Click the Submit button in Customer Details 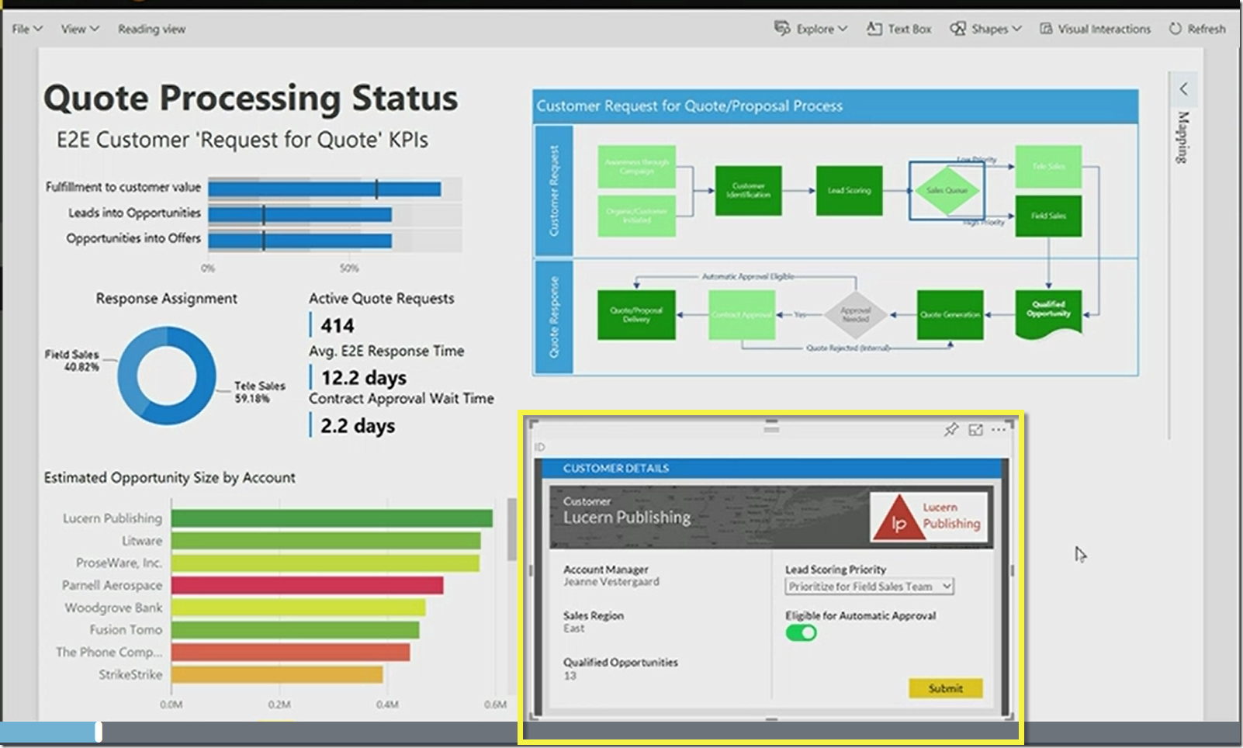[x=945, y=688]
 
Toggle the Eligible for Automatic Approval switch [x=801, y=633]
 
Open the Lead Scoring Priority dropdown [x=869, y=587]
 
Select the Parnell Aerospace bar [x=306, y=585]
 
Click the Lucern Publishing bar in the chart [x=331, y=518]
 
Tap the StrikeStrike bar [x=276, y=674]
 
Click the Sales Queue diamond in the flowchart [x=947, y=190]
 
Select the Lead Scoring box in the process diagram [x=849, y=190]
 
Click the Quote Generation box [x=950, y=315]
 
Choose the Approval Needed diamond [x=855, y=315]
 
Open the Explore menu [x=811, y=29]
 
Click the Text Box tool [x=899, y=29]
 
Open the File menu [x=26, y=29]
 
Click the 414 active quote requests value [x=338, y=326]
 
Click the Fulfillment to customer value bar [x=324, y=189]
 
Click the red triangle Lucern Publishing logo [x=898, y=518]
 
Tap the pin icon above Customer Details [x=950, y=429]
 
